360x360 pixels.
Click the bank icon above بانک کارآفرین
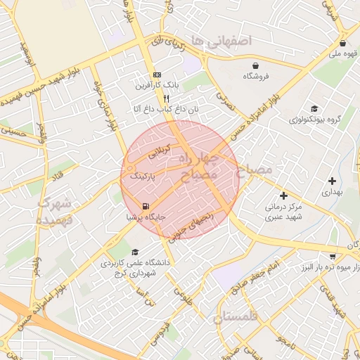click(157, 75)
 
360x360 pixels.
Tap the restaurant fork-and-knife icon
click(167, 99)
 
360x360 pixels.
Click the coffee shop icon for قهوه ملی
click(342, 42)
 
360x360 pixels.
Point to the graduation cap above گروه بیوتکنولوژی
click(314, 109)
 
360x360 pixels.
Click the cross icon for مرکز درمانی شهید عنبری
click(283, 195)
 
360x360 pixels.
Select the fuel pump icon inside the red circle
click(145, 207)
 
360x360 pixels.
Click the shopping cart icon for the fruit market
click(332, 257)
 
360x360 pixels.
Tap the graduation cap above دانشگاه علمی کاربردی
click(134, 252)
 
